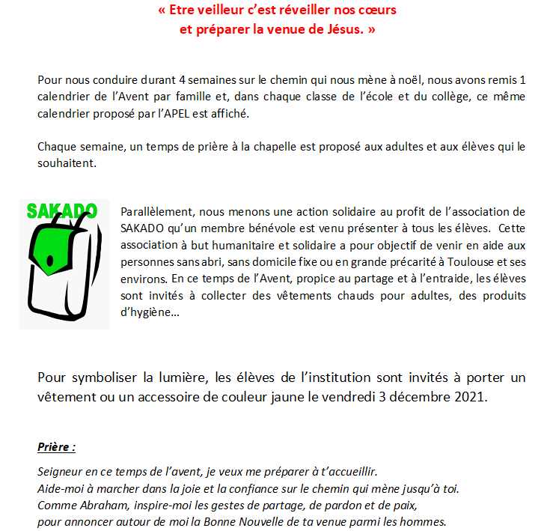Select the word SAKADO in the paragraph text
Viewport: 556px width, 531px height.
141,228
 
